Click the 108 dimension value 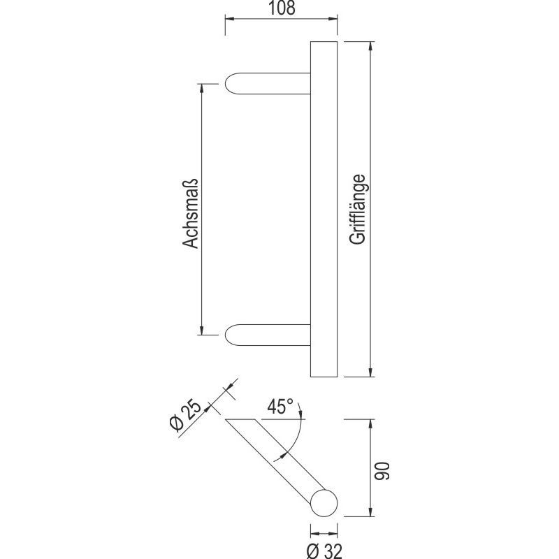tap(281, 9)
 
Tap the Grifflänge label tap(358, 209)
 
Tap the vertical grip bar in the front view tap(323, 209)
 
